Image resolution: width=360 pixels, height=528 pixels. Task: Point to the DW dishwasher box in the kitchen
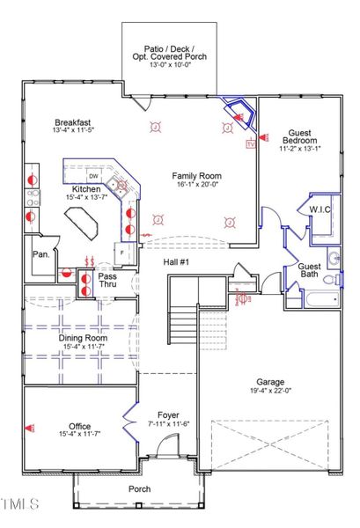92,173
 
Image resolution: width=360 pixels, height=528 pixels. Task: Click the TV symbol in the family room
250,143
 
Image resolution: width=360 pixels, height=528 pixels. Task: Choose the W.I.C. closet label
319,209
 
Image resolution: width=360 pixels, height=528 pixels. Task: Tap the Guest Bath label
309,271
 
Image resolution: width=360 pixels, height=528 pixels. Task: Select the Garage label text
270,381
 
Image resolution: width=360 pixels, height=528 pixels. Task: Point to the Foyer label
168,415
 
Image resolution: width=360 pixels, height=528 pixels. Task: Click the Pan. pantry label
40,253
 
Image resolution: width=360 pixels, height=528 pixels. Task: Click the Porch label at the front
139,488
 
